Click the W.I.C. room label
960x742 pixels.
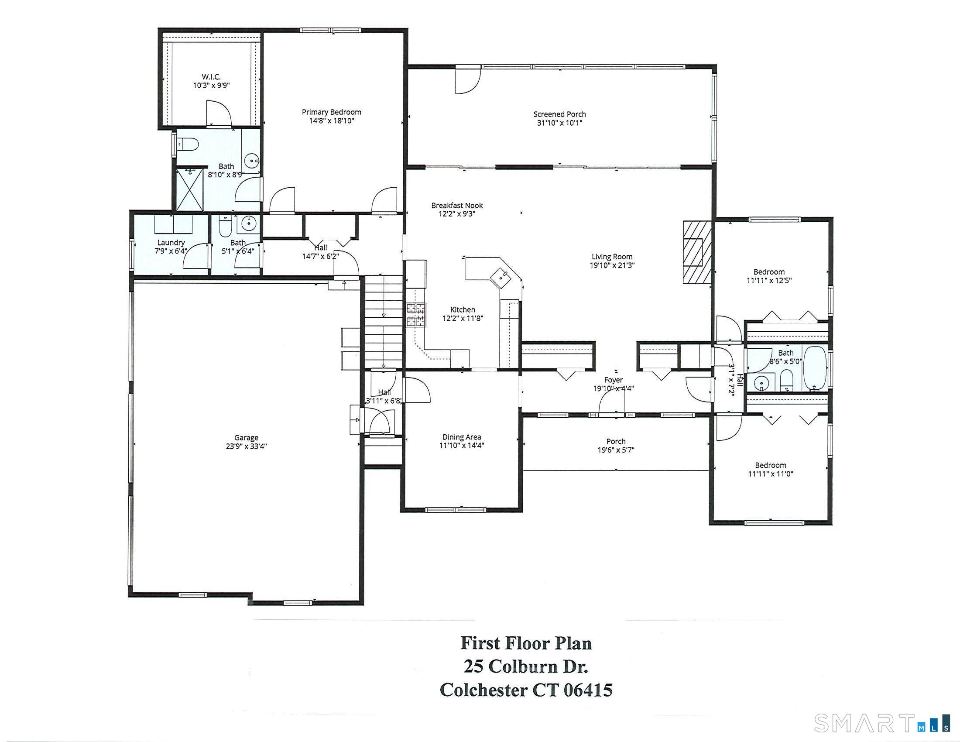click(x=212, y=77)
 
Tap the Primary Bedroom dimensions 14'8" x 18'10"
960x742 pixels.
click(x=332, y=121)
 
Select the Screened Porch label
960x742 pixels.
click(x=559, y=114)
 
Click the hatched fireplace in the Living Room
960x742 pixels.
click(x=697, y=253)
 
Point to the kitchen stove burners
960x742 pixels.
click(x=416, y=315)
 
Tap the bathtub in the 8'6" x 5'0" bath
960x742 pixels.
click(x=815, y=368)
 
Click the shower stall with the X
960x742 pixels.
click(x=190, y=189)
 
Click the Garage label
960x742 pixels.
click(x=246, y=437)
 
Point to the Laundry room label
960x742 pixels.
click(x=171, y=243)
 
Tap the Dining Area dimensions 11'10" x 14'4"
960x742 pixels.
click(x=462, y=445)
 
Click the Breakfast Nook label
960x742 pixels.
click(x=457, y=205)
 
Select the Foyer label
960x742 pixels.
click(x=613, y=380)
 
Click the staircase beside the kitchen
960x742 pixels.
click(x=384, y=322)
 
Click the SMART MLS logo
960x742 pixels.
click(x=882, y=723)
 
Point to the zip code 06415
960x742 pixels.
click(x=587, y=690)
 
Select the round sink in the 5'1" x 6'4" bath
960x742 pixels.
click(x=249, y=223)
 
